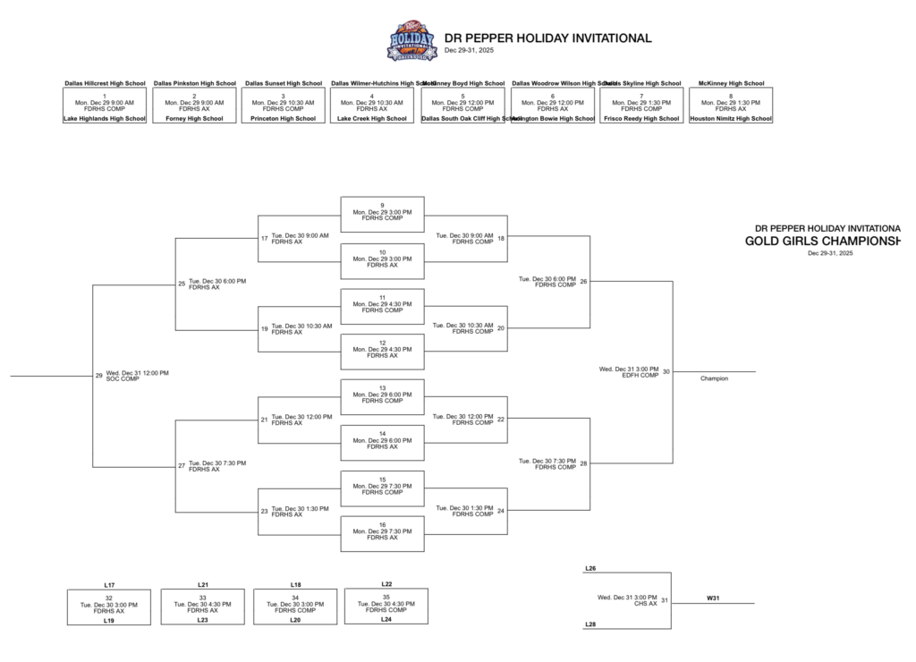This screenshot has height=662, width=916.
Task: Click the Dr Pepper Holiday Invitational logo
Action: coord(411,41)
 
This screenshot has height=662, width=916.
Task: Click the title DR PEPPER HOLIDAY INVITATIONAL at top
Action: coord(547,38)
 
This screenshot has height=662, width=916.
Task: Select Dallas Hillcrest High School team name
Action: coord(105,83)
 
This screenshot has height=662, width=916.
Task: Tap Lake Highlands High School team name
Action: coord(105,118)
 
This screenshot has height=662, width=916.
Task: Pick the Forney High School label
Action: coord(194,118)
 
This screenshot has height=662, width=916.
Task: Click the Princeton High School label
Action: coord(284,118)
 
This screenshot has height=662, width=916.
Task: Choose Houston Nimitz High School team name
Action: coord(731,118)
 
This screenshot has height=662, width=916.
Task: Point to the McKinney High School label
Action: coord(731,83)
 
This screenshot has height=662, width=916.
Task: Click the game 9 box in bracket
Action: coord(382,214)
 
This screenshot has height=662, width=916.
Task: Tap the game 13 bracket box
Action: coord(382,396)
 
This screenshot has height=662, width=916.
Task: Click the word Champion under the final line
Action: coord(714,378)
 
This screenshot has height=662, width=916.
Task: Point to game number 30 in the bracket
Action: coord(666,371)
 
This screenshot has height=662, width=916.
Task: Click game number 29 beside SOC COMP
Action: coord(99,376)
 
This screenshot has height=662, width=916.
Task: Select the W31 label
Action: coord(713,598)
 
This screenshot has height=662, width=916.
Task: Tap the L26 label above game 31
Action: coord(590,568)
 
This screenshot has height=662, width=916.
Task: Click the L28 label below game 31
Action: coord(590,624)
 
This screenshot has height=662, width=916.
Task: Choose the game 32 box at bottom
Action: coord(108,606)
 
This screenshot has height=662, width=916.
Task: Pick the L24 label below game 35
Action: coord(386,619)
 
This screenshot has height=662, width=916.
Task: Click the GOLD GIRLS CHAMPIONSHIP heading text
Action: coord(822,241)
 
